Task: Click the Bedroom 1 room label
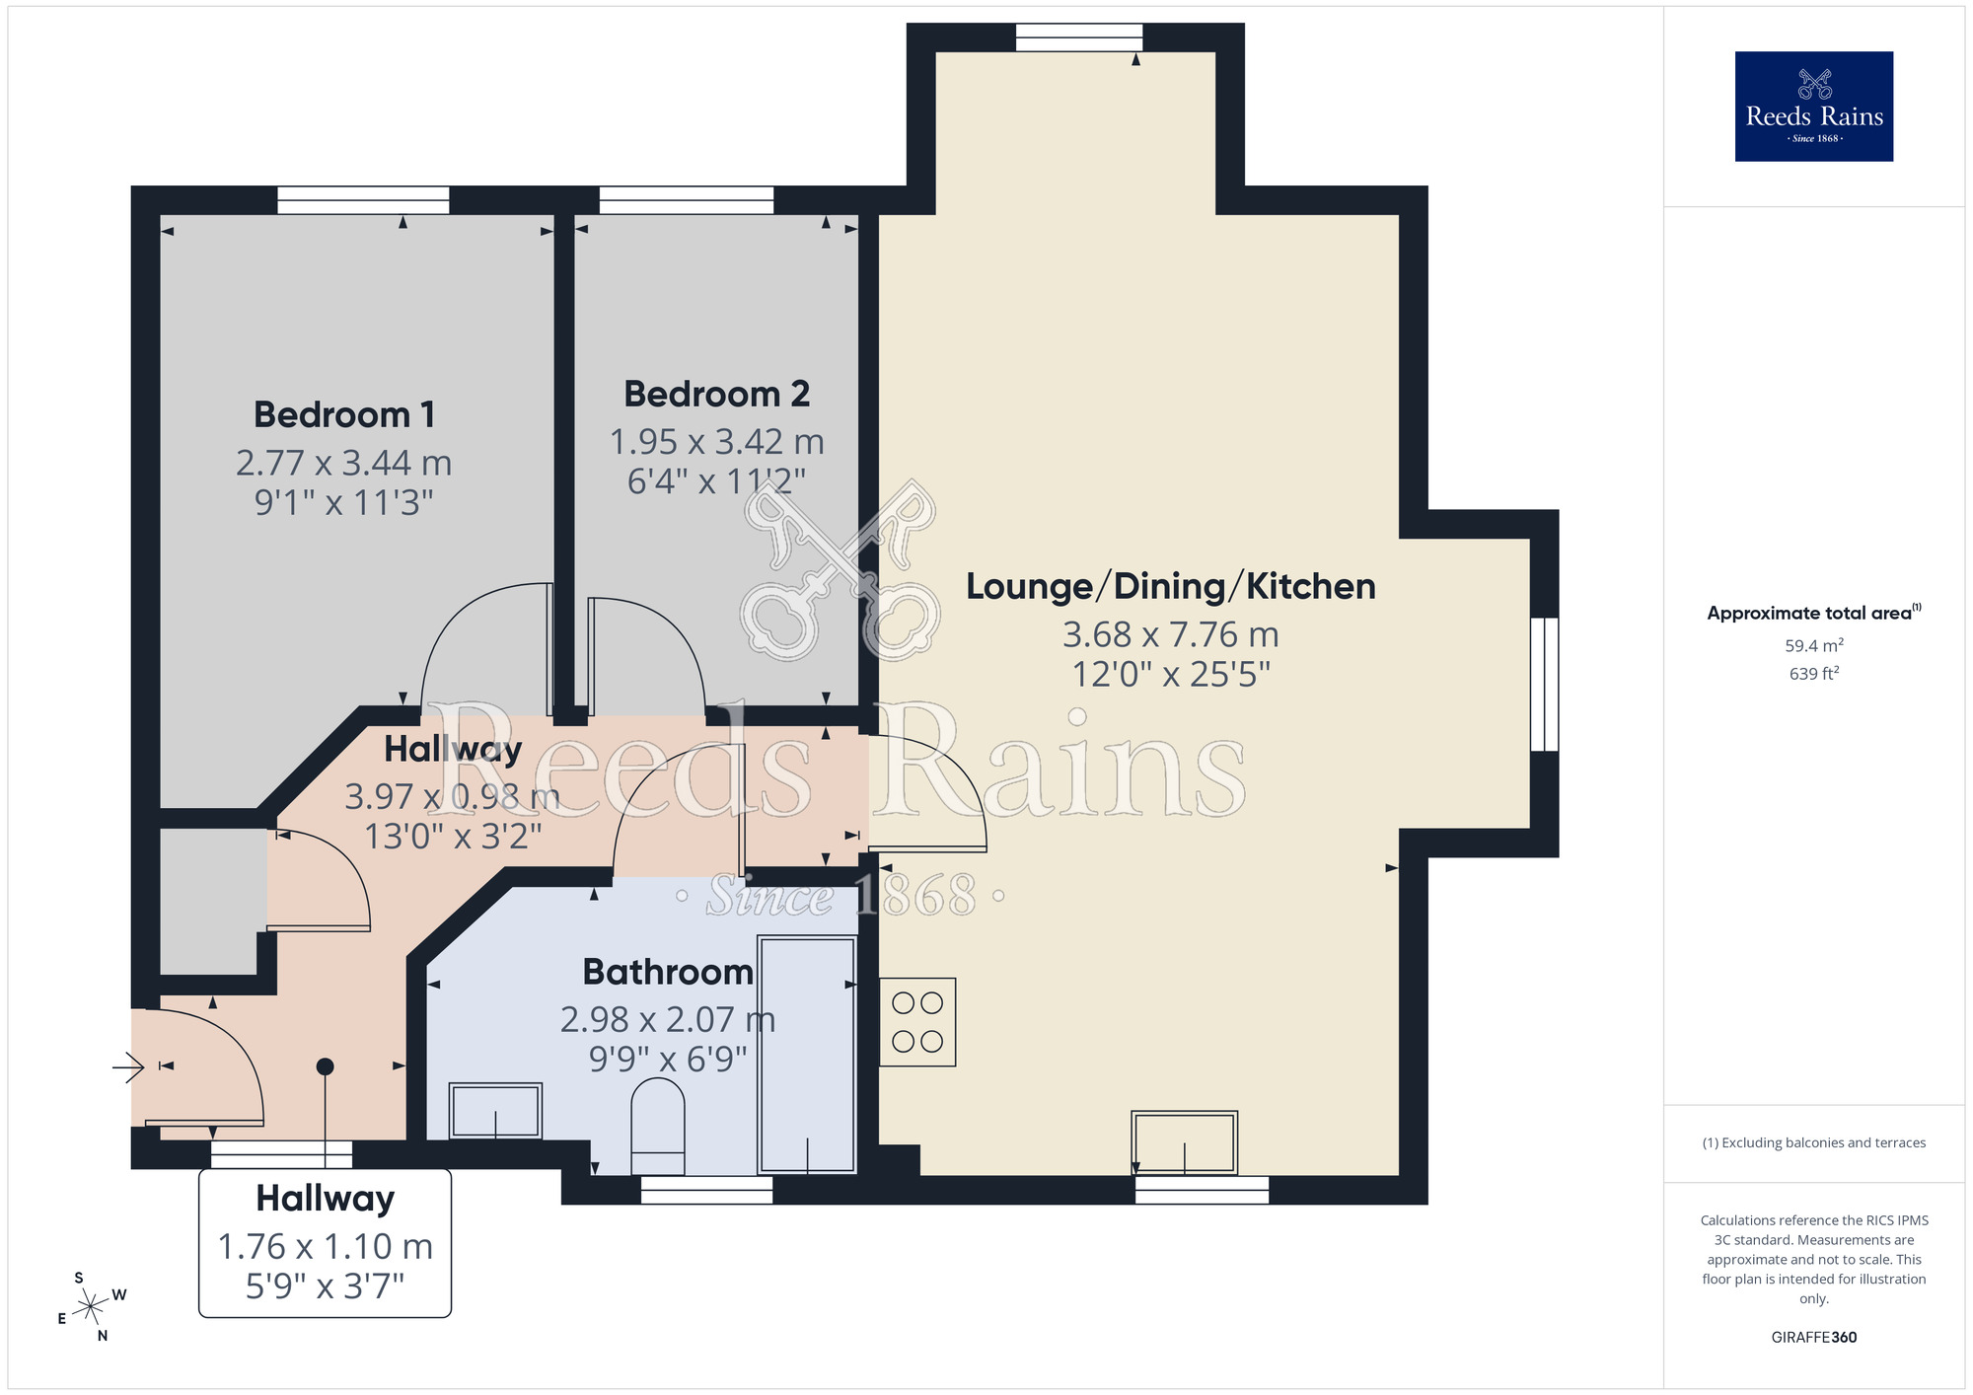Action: (x=344, y=414)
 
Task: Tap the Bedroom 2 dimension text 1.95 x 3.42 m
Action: (x=716, y=442)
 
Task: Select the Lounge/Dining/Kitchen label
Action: (x=1170, y=586)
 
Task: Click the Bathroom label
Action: (x=668, y=972)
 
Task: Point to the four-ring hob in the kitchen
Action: (x=917, y=1022)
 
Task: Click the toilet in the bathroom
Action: (x=658, y=1125)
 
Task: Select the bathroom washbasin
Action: (x=495, y=1110)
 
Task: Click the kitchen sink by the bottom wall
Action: (x=1184, y=1142)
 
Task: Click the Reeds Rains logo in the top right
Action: (x=1813, y=107)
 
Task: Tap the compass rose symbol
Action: (x=91, y=1307)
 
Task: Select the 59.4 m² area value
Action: (x=1813, y=646)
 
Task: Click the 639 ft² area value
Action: (x=1813, y=674)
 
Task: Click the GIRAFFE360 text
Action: (x=1813, y=1338)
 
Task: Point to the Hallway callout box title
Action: (x=325, y=1198)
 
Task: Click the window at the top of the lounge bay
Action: (x=1078, y=37)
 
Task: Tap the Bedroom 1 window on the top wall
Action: (x=363, y=200)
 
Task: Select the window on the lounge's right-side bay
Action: (x=1544, y=684)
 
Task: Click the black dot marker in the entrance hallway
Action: (x=325, y=1066)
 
